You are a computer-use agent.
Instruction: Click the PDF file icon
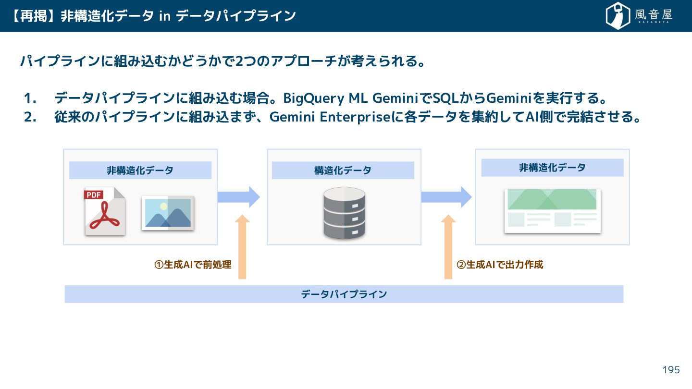(x=105, y=211)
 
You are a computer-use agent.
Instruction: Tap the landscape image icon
(x=168, y=213)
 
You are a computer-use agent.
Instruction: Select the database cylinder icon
(x=344, y=213)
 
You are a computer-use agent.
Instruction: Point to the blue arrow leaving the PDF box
(x=238, y=197)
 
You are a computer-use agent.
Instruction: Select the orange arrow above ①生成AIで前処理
(x=242, y=246)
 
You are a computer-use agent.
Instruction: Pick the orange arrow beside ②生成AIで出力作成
(x=448, y=246)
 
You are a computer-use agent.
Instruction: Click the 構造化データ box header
(x=343, y=170)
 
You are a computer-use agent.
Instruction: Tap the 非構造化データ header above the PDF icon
(x=140, y=170)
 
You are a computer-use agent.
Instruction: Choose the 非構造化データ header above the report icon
(x=552, y=168)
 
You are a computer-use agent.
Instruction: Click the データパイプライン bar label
(x=344, y=294)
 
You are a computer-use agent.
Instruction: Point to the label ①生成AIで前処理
(x=193, y=265)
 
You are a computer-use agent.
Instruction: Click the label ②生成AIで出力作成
(x=500, y=265)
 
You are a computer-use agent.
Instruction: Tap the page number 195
(x=671, y=370)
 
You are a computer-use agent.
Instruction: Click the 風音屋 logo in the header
(x=639, y=16)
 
